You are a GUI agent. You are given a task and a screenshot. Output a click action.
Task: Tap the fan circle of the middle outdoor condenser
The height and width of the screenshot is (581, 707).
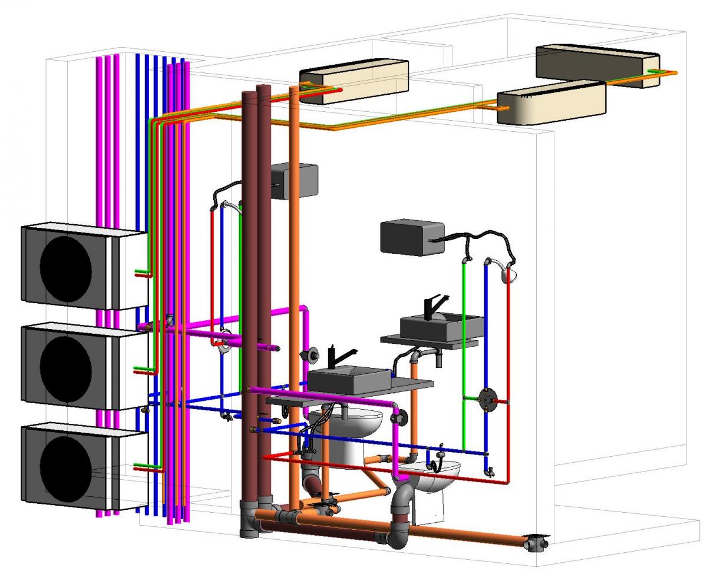click(65, 366)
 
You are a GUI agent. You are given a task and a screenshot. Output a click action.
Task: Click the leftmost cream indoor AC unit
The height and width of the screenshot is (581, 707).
click(354, 81)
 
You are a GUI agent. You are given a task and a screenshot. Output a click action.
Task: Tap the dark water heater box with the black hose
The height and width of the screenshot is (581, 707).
click(412, 237)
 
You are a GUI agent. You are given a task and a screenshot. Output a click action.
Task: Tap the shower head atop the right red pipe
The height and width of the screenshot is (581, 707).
click(508, 273)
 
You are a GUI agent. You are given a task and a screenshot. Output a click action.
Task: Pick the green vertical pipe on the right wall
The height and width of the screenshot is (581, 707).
click(464, 353)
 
